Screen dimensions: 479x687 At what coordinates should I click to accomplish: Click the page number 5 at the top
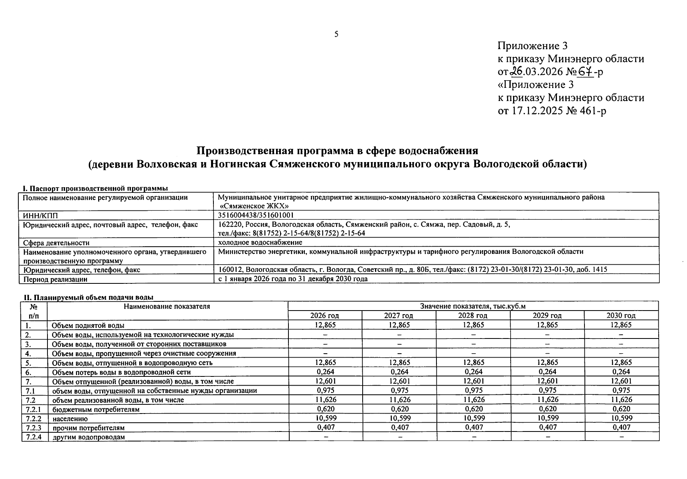pyautogui.click(x=336, y=34)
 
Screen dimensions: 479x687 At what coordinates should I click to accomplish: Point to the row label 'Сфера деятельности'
pyautogui.click(x=56, y=243)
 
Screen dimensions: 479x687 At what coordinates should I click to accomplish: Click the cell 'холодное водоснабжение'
pyautogui.click(x=260, y=242)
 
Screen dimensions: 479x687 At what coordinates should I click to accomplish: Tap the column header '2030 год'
pyautogui.click(x=621, y=315)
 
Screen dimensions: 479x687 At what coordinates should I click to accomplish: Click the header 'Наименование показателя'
pyautogui.click(x=167, y=307)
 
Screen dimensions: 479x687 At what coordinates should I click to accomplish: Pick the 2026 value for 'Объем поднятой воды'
pyautogui.click(x=325, y=325)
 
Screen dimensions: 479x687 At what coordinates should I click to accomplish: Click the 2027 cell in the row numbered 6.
pyautogui.click(x=399, y=372)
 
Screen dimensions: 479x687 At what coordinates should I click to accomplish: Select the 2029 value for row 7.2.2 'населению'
pyautogui.click(x=547, y=418)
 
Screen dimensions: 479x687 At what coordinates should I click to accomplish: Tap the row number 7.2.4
pyautogui.click(x=34, y=437)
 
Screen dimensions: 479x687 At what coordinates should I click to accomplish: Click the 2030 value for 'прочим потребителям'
pyautogui.click(x=621, y=427)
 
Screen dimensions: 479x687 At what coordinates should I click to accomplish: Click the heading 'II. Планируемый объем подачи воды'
pyautogui.click(x=87, y=297)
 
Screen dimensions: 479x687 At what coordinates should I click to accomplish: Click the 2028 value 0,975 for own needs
pyautogui.click(x=474, y=390)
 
